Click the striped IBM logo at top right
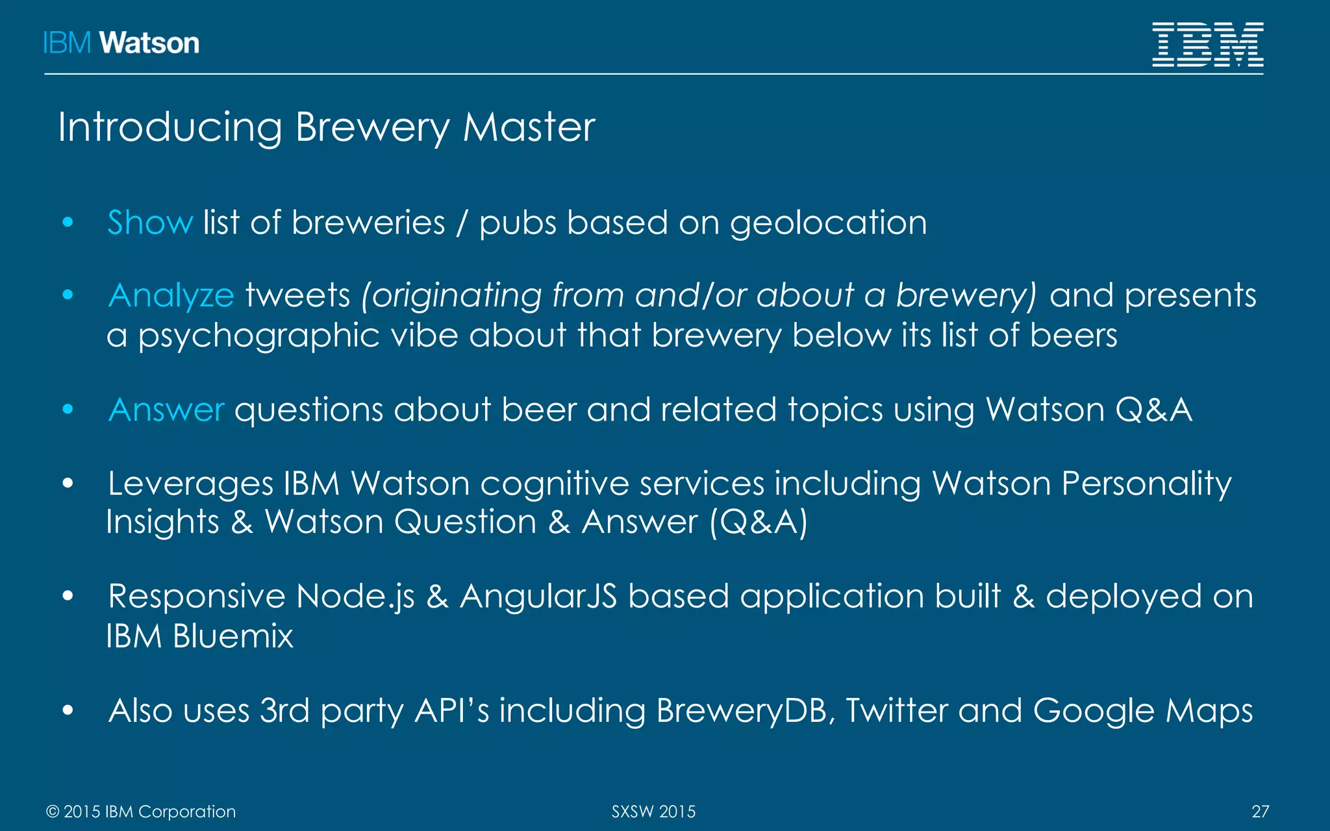1207,44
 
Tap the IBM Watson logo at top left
121,43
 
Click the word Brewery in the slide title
371,127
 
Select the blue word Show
150,223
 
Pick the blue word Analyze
171,295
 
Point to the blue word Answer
167,410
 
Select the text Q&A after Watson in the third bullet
1153,410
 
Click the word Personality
1146,484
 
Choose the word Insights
163,523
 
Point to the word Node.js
355,597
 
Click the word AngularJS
538,597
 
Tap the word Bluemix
233,636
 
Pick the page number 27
1260,812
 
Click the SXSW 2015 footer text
653,812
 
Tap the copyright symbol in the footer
53,812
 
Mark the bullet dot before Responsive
68,596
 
